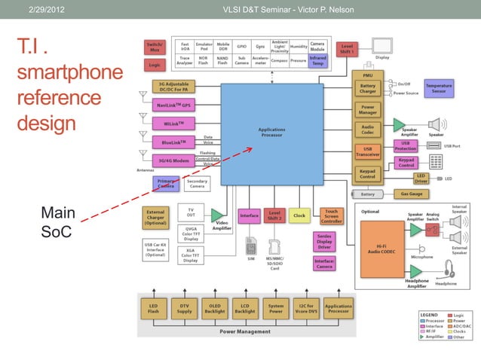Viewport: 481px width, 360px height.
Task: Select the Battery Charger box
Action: (367, 90)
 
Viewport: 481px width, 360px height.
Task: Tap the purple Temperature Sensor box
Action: (439, 88)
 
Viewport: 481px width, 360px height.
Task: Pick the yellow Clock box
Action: (299, 215)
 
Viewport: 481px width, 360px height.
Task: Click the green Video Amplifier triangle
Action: (216, 216)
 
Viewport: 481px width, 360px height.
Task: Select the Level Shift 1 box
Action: (347, 48)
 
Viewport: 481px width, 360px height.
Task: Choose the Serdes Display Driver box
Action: (324, 242)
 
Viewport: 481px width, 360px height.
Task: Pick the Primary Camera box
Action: (165, 183)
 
